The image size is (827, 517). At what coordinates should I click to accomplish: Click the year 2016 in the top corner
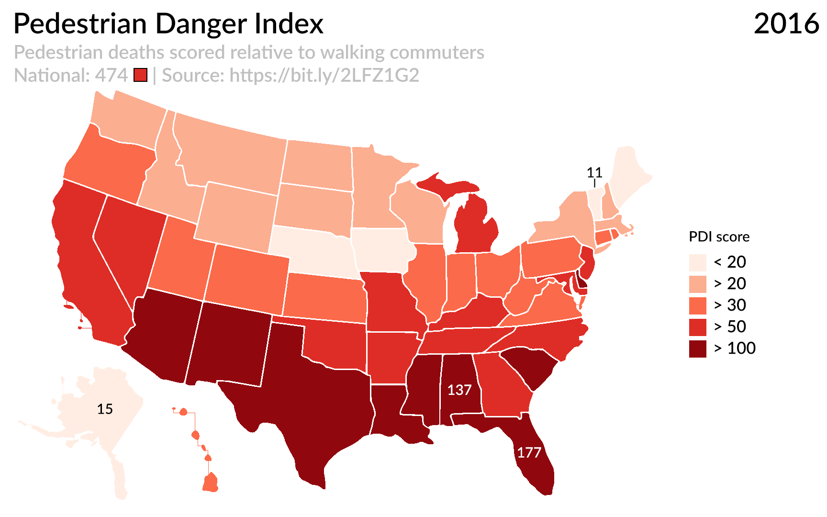pos(786,23)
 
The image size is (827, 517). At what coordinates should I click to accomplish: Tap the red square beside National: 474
pos(140,75)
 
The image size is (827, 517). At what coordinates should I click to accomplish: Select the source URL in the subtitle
pos(324,75)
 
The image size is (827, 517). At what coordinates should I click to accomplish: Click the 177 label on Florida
pos(529,452)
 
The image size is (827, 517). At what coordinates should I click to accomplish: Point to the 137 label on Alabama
pos(459,390)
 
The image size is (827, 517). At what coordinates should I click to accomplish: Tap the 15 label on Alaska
pos(105,409)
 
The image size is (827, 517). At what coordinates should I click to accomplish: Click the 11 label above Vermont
pos(594,172)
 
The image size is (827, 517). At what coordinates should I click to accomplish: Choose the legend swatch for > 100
pos(697,348)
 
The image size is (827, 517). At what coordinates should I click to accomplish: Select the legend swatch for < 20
pos(697,262)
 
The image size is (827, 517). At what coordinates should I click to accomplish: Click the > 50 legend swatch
pos(697,327)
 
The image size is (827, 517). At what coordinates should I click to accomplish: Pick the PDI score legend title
pos(719,236)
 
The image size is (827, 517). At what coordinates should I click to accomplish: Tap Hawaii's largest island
pos(210,483)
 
